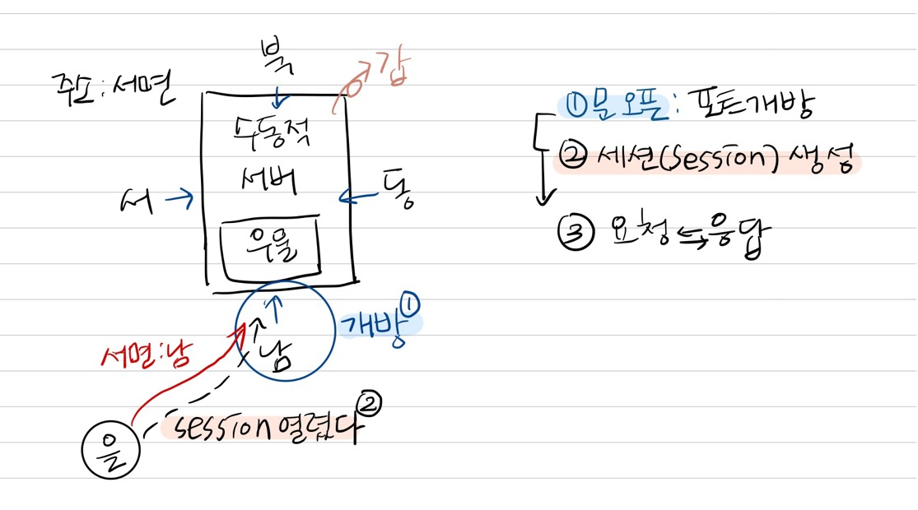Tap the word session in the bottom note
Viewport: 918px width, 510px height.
pyautogui.click(x=219, y=426)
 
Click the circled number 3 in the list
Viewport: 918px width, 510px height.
pyautogui.click(x=575, y=233)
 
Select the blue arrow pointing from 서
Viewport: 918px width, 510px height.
pyautogui.click(x=179, y=197)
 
